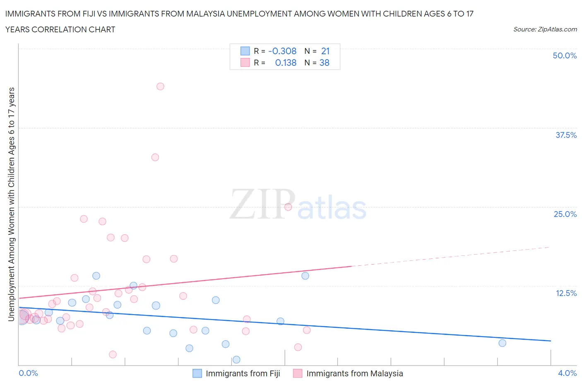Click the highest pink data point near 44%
coord(160,87)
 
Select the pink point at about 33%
coord(155,157)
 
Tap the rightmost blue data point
coord(502,343)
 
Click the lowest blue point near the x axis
coord(236,359)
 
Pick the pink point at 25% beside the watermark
coord(288,207)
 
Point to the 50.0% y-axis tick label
coord(565,55)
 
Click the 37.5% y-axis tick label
coord(566,135)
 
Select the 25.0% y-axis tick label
coord(565,214)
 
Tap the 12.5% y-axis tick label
coord(566,293)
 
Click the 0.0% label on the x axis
coord(29,373)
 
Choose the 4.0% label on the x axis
coord(567,373)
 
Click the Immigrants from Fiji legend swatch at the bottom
coord(197,373)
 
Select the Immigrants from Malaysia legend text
coord(354,373)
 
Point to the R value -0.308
coord(282,51)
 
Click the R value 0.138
coord(286,63)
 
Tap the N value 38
coord(325,63)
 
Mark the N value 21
coord(325,51)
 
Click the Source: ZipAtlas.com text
coord(545,29)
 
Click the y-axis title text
coord(11,204)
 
